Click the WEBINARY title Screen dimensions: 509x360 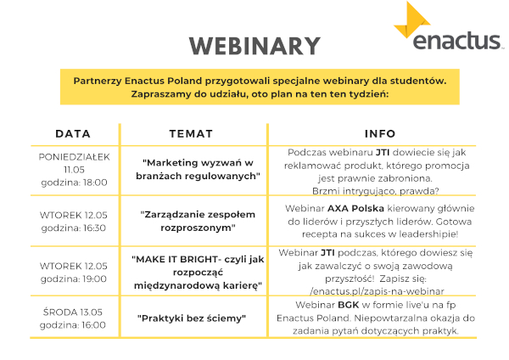pos(255,46)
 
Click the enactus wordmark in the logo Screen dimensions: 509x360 pos(456,41)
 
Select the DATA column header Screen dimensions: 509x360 pos(73,133)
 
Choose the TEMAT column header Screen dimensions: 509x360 pos(191,133)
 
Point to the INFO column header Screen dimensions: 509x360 pos(380,133)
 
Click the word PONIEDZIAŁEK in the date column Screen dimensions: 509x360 pos(75,157)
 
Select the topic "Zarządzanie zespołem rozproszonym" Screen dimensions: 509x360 pos(198,221)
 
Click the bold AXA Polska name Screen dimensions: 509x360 pos(355,208)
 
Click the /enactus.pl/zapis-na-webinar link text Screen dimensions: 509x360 pos(377,291)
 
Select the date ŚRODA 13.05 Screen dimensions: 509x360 pos(73,312)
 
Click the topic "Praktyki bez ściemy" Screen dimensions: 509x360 pos(192,318)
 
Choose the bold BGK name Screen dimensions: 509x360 pos(349,305)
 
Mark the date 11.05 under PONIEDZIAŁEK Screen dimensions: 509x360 pos(74,170)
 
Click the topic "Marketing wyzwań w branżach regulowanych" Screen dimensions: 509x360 pos(198,169)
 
